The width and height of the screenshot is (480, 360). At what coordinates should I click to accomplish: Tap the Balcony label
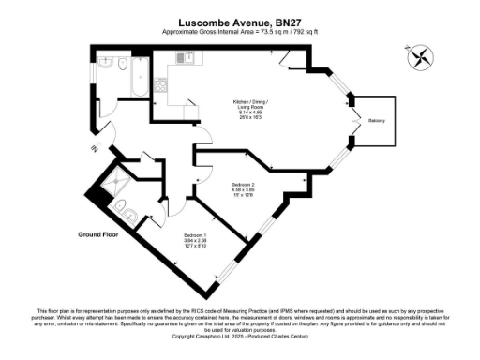tap(376, 120)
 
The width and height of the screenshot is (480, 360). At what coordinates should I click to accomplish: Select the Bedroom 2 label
tap(243, 185)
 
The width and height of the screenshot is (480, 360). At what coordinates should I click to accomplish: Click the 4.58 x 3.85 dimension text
tap(243, 190)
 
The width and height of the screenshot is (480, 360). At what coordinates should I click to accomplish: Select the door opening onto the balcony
tap(353, 120)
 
